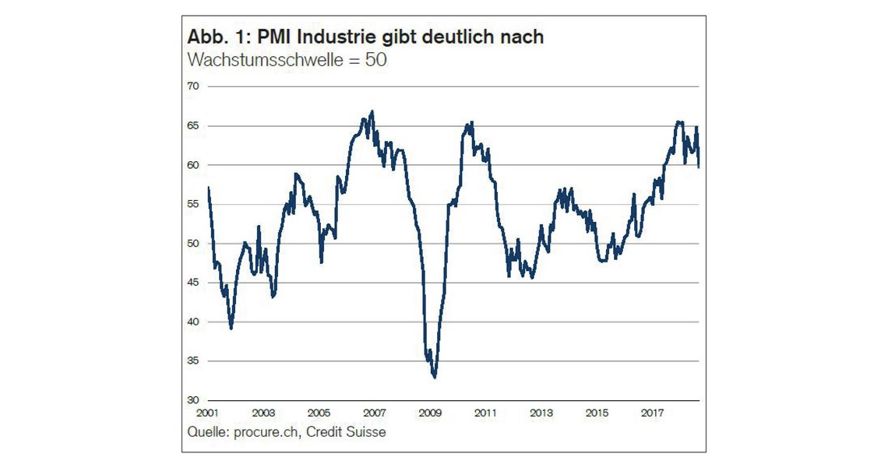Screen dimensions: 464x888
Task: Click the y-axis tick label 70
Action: pos(192,86)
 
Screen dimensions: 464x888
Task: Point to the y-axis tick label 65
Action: pos(192,125)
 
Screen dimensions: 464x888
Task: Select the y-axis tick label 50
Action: pos(192,243)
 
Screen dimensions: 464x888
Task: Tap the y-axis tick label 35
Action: pos(192,360)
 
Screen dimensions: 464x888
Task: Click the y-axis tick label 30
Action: pos(192,399)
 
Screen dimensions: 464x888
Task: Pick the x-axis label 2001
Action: pos(207,413)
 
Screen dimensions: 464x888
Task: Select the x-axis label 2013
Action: pos(541,413)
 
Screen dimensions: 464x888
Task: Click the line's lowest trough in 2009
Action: pos(434,377)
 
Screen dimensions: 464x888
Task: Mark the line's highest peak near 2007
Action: pos(372,111)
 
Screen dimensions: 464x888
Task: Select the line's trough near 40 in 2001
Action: pos(231,328)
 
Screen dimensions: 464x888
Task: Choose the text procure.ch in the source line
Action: pos(262,431)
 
